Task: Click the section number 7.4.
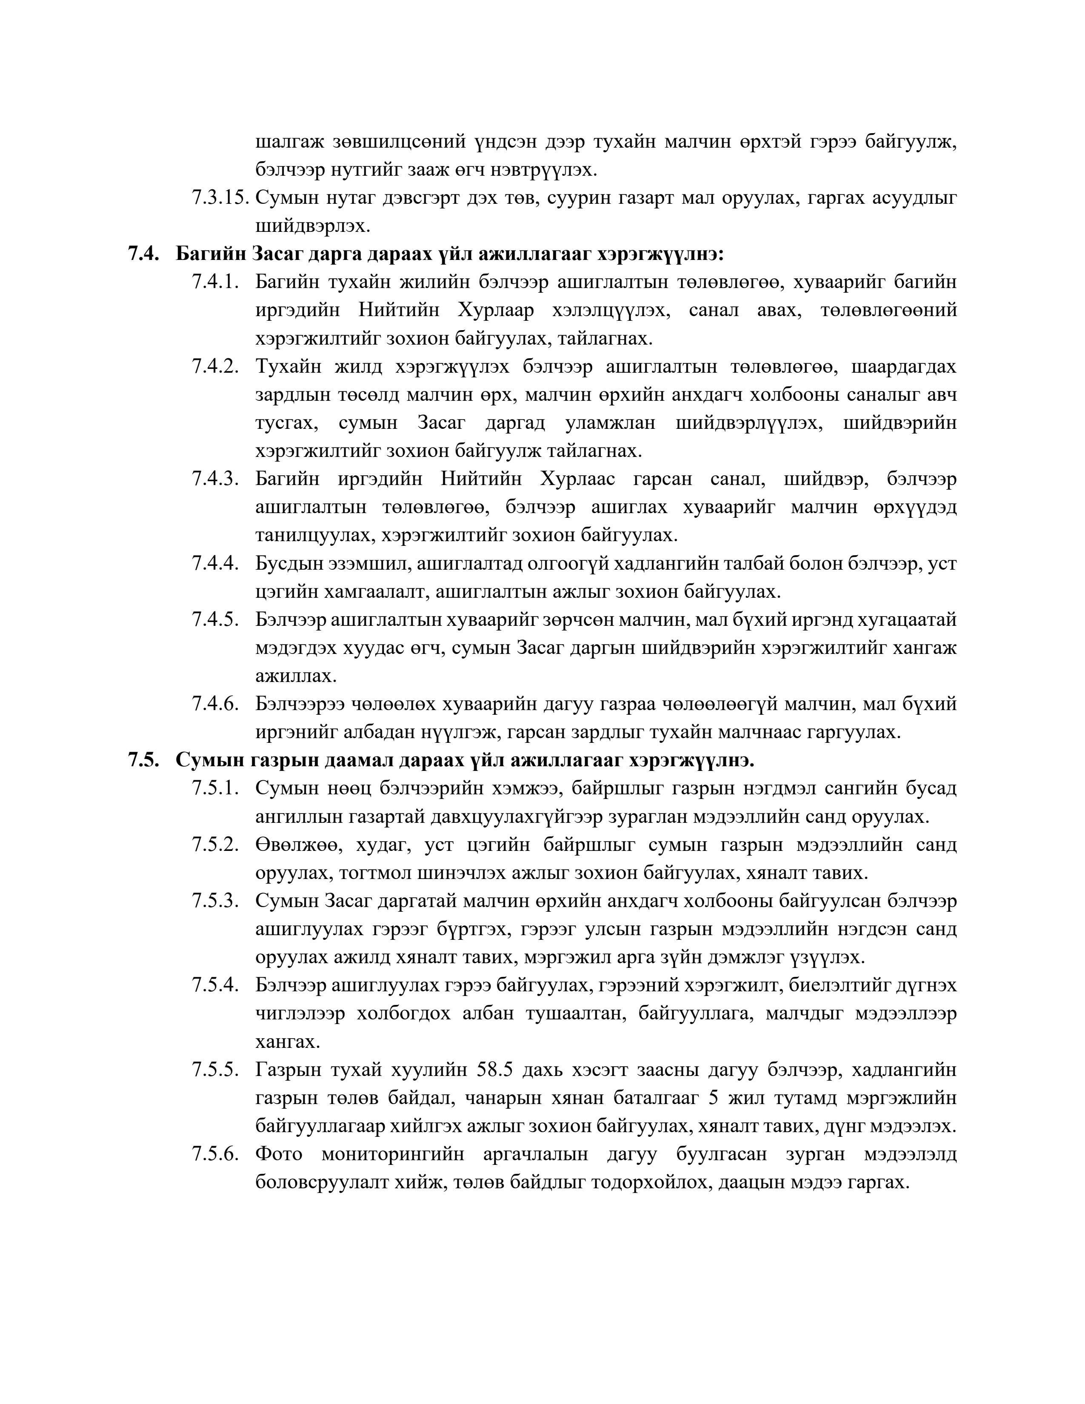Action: point(143,254)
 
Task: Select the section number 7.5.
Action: point(143,761)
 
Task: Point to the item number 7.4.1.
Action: point(215,282)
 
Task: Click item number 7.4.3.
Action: point(215,479)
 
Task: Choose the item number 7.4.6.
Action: point(215,704)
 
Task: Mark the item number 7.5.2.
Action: point(215,845)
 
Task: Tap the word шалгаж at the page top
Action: point(287,142)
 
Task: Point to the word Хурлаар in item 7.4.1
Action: point(496,311)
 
